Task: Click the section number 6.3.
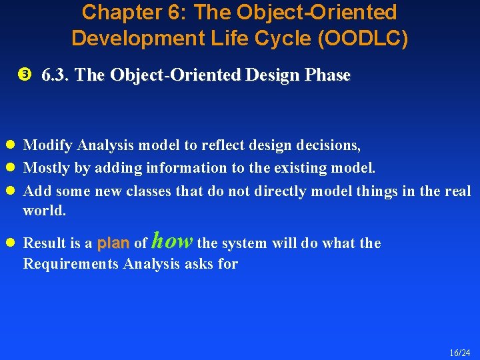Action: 56,75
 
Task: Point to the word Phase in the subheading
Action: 327,75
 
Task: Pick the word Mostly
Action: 47,168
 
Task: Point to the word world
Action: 45,211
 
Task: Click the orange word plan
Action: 113,243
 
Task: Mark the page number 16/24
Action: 459,352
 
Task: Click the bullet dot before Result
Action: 11,243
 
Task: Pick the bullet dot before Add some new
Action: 11,191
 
